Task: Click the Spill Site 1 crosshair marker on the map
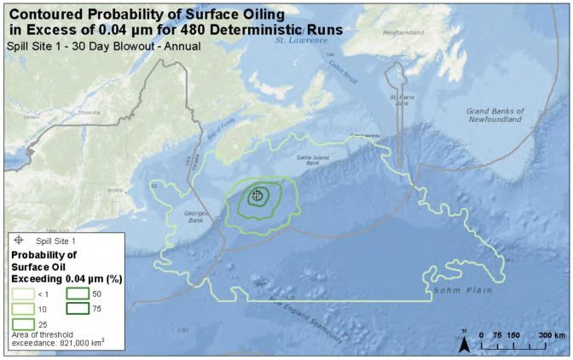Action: [257, 195]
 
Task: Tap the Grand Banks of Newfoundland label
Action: [495, 115]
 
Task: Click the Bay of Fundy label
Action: [219, 128]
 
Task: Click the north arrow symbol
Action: [465, 344]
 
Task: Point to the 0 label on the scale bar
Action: [483, 334]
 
